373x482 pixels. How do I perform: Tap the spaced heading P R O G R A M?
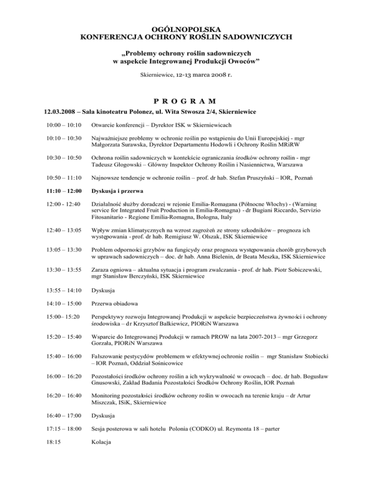[x=186, y=100]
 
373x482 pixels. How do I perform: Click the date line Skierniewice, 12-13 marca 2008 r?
[x=186, y=75]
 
